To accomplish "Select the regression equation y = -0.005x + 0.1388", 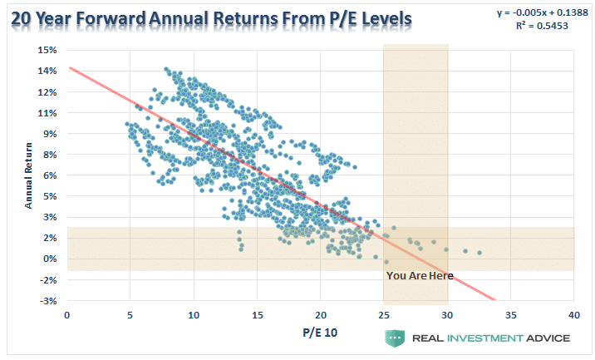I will click(534, 12).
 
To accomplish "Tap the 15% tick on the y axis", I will click(47, 50).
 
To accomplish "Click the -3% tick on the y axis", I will click(47, 300).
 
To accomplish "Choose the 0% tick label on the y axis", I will click(49, 259).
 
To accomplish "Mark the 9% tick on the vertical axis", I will click(49, 133).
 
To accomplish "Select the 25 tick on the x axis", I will click(384, 315).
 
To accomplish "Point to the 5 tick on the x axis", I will click(130, 315).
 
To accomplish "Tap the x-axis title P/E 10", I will click(320, 335).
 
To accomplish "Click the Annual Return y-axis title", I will click(29, 176).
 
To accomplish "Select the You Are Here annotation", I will click(420, 275).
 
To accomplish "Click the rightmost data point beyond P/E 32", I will click(479, 253).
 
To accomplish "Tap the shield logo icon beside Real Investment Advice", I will click(395, 338).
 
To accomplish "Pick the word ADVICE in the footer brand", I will click(546, 338).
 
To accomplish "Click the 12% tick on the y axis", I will click(47, 91).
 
